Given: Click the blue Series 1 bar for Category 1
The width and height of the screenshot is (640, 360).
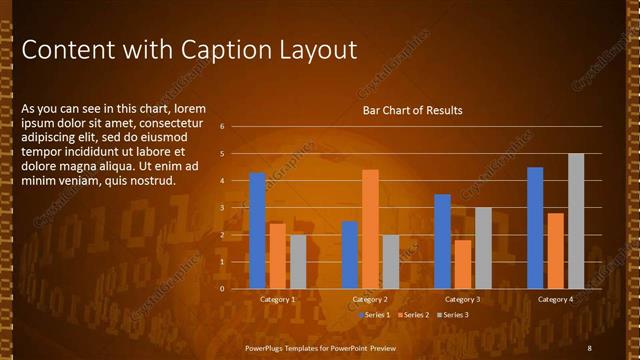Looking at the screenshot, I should (x=257, y=230).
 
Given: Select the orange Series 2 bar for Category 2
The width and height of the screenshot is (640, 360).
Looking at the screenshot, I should (x=370, y=229).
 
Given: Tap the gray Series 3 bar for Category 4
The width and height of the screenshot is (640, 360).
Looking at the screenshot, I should (x=576, y=221).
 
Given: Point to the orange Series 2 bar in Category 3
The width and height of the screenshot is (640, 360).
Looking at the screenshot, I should (x=462, y=264).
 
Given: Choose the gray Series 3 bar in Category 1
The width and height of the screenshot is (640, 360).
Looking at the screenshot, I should (x=298, y=261).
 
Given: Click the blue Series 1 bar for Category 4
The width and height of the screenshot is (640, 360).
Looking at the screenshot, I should (x=535, y=227).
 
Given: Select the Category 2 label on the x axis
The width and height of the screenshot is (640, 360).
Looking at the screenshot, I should (x=370, y=299).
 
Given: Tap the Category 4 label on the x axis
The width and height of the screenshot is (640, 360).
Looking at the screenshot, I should (x=555, y=299).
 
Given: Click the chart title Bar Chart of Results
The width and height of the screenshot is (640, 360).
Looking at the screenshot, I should (x=412, y=110).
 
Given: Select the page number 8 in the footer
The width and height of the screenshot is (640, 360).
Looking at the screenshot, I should (x=589, y=347).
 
